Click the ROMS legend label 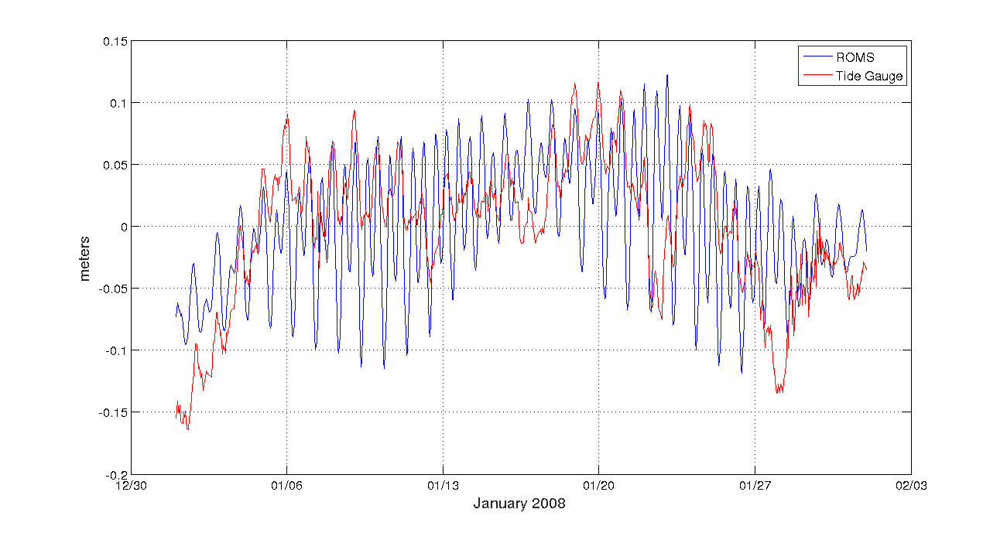(855, 57)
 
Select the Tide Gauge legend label (869, 76)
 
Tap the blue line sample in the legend (817, 57)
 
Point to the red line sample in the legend (817, 76)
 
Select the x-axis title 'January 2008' (519, 504)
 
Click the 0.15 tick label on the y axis (115, 41)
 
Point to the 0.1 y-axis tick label (118, 103)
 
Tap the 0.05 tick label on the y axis (115, 165)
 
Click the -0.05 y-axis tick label (114, 289)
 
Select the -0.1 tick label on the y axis (117, 350)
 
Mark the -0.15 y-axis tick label (114, 412)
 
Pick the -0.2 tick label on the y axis (117, 474)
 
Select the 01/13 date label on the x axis (443, 486)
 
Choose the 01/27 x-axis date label (755, 486)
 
